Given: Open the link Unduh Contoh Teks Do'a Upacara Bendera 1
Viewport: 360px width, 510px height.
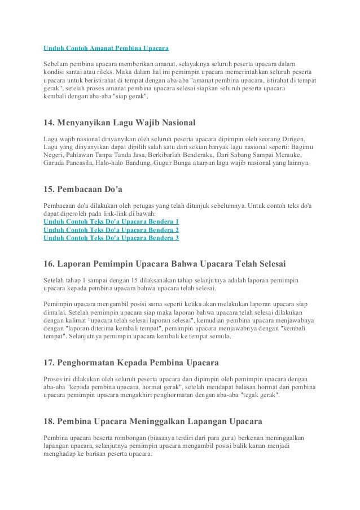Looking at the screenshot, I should tap(111, 222).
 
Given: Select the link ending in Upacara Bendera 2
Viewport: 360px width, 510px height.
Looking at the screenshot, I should tap(111, 230).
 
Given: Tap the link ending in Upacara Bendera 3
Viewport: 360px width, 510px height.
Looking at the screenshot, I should tap(111, 238).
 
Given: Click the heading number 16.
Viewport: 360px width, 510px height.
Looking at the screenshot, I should tap(49, 263).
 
